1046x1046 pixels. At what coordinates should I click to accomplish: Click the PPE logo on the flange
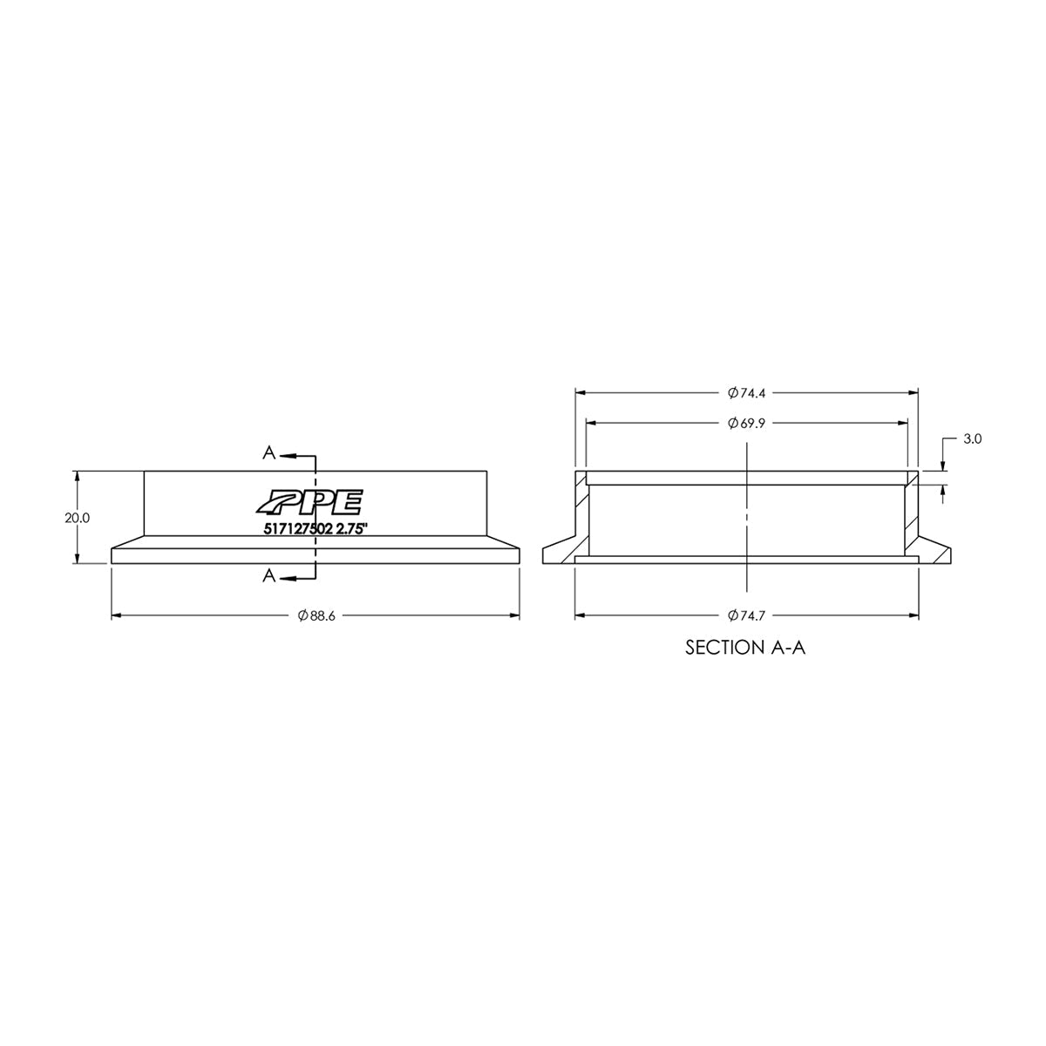click(x=309, y=503)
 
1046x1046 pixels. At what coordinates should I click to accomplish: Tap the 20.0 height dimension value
click(x=78, y=518)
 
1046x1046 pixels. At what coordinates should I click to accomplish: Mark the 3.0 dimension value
click(x=973, y=440)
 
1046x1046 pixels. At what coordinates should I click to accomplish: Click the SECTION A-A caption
click(x=745, y=649)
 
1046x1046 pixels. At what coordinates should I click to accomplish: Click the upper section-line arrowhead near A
click(x=287, y=455)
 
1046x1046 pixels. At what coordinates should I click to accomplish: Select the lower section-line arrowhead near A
click(x=287, y=576)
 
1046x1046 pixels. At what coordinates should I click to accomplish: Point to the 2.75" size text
click(x=368, y=527)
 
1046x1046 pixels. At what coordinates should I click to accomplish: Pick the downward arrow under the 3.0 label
click(x=943, y=465)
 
